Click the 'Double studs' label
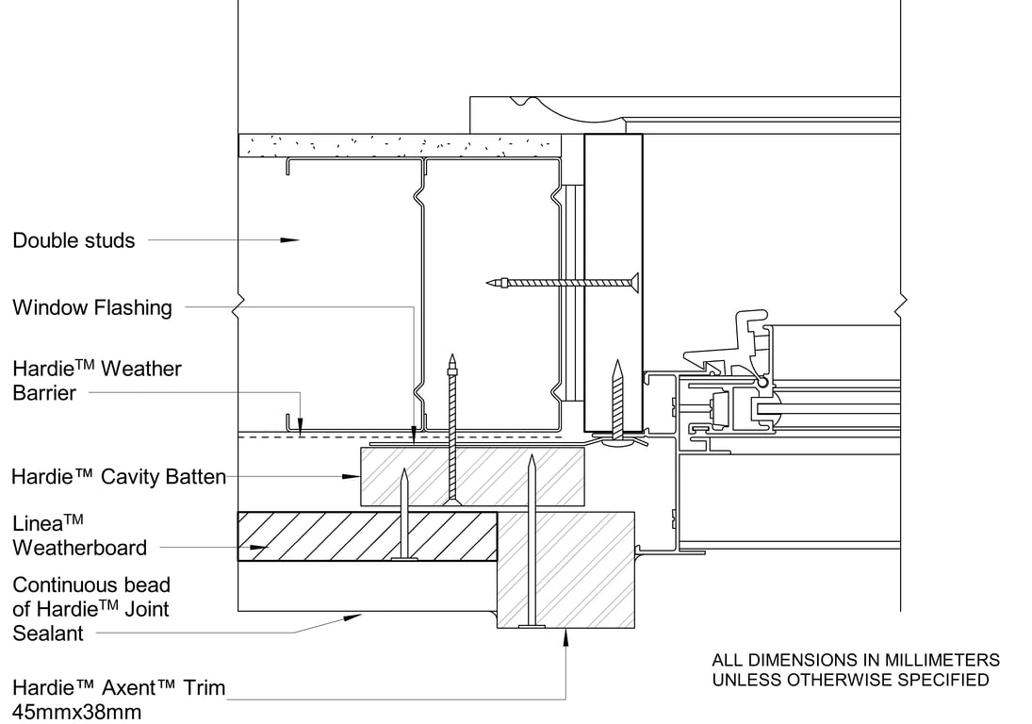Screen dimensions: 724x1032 tap(74, 240)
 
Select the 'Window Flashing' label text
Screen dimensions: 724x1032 tap(92, 307)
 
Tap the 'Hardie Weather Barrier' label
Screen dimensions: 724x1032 tap(96, 380)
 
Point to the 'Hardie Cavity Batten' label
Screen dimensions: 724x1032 tap(119, 477)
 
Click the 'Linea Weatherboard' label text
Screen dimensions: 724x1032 tap(79, 535)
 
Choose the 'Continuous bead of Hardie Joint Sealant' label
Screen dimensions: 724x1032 tap(90, 609)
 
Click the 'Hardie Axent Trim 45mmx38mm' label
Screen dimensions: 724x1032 tap(119, 699)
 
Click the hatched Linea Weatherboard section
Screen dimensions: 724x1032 tap(367, 536)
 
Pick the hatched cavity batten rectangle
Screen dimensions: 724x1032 tap(472, 476)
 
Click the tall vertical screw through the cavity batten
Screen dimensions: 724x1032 tap(452, 429)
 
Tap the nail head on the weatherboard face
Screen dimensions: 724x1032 tap(404, 559)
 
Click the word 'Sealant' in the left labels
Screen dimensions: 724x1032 tap(48, 633)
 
